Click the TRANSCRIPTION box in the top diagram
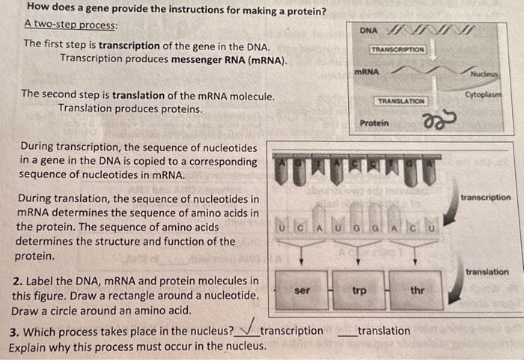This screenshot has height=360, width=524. tap(397, 49)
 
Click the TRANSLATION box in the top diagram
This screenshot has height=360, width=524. tap(400, 100)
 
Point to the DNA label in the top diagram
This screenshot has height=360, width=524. tap(368, 30)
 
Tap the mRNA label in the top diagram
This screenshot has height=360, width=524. tap(366, 72)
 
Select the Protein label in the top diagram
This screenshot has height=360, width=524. tap(374, 122)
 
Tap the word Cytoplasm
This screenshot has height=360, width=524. tap(484, 95)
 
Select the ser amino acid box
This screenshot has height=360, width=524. tap(302, 290)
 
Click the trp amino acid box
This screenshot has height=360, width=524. tap(359, 290)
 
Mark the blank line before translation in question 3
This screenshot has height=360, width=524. tap(347, 334)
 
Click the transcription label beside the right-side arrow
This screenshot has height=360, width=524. tap(486, 198)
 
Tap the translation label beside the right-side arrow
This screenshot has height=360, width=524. tap(487, 272)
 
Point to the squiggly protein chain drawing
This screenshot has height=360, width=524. tap(431, 121)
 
